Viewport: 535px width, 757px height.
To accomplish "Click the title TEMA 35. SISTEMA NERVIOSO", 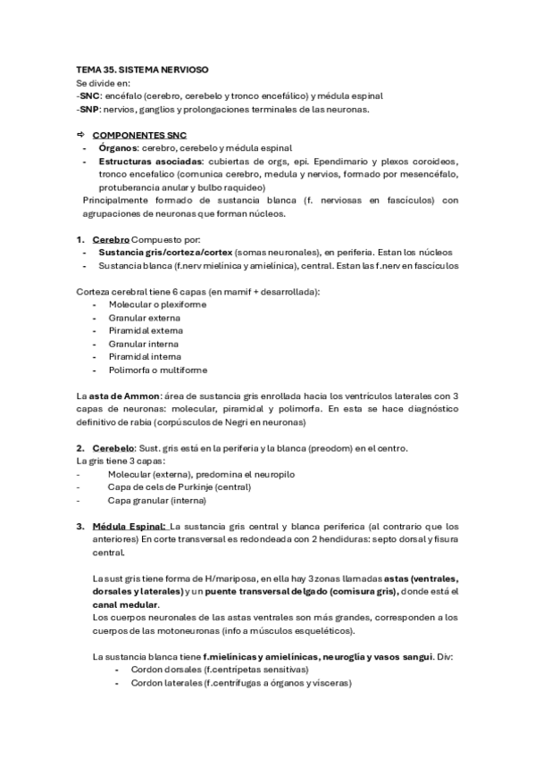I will pos(142,70).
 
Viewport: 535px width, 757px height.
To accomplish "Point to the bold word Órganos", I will pos(120,147).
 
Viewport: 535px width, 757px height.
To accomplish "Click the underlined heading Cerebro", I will pos(111,239).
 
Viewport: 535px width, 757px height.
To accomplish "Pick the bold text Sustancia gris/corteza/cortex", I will pos(163,253).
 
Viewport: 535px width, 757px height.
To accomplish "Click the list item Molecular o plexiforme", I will pos(157,304).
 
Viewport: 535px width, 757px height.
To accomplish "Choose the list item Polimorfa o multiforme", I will pos(157,370).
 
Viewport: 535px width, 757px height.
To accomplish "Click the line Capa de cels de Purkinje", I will pos(179,487).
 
